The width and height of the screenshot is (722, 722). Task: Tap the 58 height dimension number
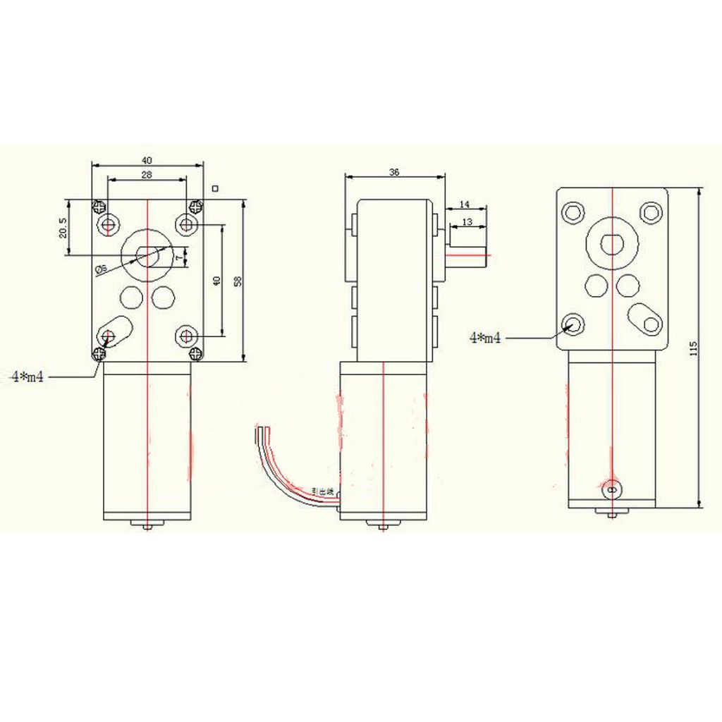click(x=238, y=281)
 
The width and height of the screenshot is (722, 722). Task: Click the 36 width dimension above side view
click(x=394, y=171)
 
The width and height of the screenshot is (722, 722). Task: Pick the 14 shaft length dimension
click(x=464, y=204)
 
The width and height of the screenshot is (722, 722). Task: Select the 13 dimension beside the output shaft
click(x=466, y=222)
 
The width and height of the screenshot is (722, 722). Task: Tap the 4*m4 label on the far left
click(x=28, y=377)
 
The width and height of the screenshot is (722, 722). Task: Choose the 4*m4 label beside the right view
click(x=485, y=338)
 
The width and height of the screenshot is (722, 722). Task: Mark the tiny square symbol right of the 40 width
click(x=215, y=188)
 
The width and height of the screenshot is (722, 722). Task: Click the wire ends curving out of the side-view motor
click(x=263, y=431)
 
